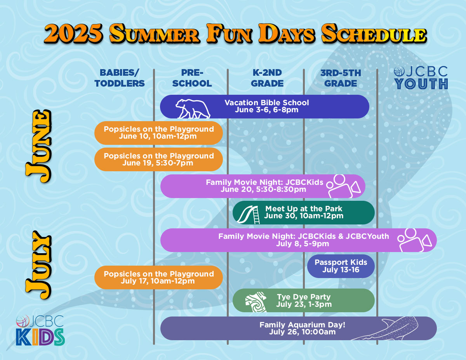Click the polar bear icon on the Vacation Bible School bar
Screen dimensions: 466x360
193,109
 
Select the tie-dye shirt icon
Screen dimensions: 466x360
256,302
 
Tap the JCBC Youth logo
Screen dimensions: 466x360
421,78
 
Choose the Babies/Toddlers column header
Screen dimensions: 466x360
120,78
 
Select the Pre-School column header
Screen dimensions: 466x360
192,78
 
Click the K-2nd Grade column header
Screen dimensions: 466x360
267,78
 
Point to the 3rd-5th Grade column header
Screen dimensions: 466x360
341,78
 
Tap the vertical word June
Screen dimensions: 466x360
38,146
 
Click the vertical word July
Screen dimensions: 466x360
38,265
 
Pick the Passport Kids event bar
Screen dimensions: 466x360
341,266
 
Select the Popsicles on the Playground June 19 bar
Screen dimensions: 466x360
158,159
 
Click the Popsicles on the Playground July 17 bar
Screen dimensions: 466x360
158,277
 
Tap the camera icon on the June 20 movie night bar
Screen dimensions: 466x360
343,186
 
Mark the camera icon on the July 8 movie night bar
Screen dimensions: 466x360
414,240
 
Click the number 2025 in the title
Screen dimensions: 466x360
73,34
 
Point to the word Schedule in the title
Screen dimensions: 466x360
373,34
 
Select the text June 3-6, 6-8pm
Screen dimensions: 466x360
266,110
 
